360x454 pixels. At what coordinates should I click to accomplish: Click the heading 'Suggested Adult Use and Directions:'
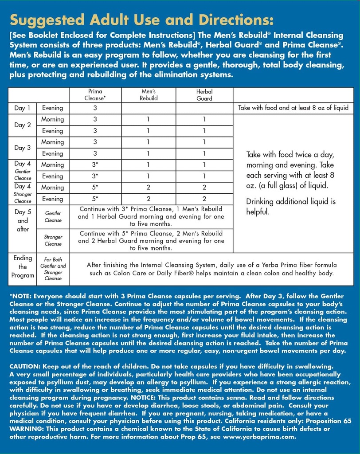[x=142, y=20]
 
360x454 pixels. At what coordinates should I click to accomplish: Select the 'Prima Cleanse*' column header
[x=95, y=95]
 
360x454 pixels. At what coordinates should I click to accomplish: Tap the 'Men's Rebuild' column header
[x=149, y=95]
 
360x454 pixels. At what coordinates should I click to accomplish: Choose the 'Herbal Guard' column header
[x=204, y=95]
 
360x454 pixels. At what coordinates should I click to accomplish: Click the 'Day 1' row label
[x=22, y=108]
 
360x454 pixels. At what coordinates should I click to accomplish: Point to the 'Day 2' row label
[x=22, y=125]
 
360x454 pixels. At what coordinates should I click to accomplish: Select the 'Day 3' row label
[x=22, y=148]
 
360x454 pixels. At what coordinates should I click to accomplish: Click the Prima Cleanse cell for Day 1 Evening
[x=95, y=108]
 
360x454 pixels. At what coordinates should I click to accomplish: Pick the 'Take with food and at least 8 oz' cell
[x=293, y=108]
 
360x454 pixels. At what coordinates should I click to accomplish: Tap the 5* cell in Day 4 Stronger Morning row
[x=95, y=188]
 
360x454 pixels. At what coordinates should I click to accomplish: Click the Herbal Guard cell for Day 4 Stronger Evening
[x=204, y=199]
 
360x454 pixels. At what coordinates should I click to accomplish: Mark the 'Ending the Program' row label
[x=23, y=266]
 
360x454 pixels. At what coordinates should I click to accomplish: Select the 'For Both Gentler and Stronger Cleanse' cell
[x=53, y=269]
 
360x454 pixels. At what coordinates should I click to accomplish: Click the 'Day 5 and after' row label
[x=23, y=220]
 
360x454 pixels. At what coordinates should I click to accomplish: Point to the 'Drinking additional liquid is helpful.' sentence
[x=291, y=206]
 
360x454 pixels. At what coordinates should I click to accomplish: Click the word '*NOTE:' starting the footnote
[x=20, y=296]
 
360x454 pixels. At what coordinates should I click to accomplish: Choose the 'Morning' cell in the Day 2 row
[x=52, y=119]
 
